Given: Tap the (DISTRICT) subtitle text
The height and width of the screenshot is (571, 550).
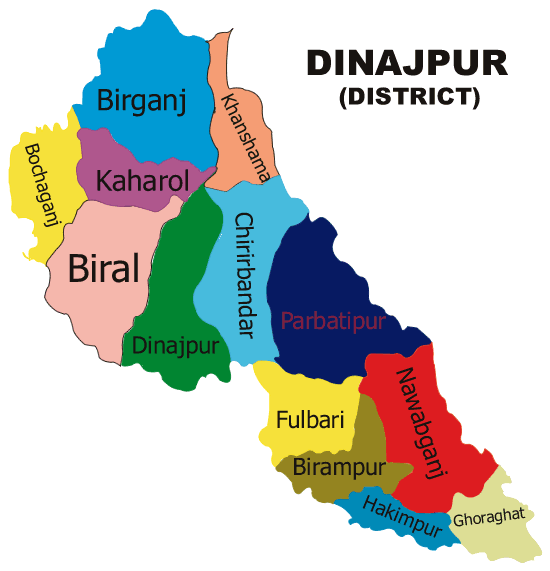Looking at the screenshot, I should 408,97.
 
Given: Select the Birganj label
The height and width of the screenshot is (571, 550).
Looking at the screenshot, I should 142,100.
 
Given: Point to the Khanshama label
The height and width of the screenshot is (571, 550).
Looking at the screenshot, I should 246,135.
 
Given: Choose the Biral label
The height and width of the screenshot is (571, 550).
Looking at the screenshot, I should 103,267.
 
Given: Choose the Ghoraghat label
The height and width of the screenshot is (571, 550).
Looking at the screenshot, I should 488,520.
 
